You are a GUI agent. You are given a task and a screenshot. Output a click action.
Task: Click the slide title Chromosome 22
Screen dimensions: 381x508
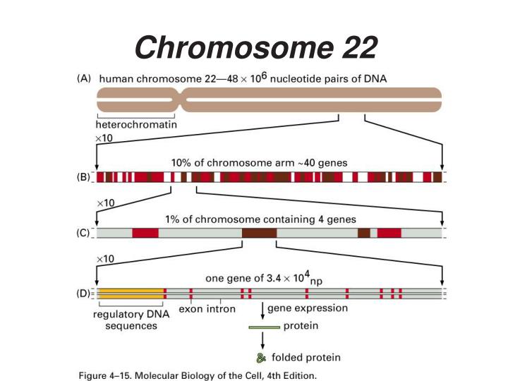click(x=255, y=47)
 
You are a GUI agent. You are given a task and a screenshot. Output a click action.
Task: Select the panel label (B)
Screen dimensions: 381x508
click(x=84, y=177)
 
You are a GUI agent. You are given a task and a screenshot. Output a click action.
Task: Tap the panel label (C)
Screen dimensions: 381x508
click(x=84, y=233)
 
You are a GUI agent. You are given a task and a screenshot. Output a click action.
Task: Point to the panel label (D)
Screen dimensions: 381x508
click(x=84, y=294)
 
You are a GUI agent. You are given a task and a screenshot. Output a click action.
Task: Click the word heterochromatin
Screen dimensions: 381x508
click(x=136, y=124)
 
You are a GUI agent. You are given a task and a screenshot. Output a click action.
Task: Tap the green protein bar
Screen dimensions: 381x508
click(x=264, y=327)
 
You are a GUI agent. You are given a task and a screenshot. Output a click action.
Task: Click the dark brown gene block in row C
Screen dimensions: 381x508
click(x=259, y=233)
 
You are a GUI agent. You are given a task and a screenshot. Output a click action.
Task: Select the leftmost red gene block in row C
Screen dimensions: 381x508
click(x=145, y=233)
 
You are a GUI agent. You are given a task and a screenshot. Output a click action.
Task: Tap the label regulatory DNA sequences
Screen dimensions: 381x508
click(x=127, y=320)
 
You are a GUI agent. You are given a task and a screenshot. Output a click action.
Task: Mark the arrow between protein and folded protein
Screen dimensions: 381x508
click(x=263, y=341)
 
